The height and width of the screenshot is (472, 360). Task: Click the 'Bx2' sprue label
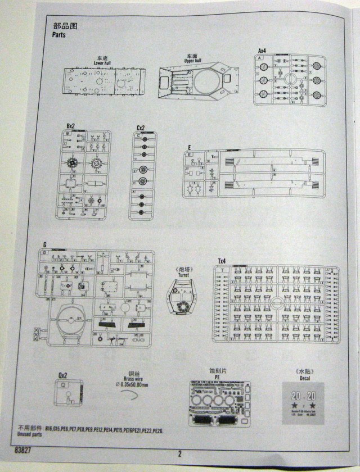click(x=70, y=126)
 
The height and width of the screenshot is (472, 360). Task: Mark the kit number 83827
click(x=25, y=450)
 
